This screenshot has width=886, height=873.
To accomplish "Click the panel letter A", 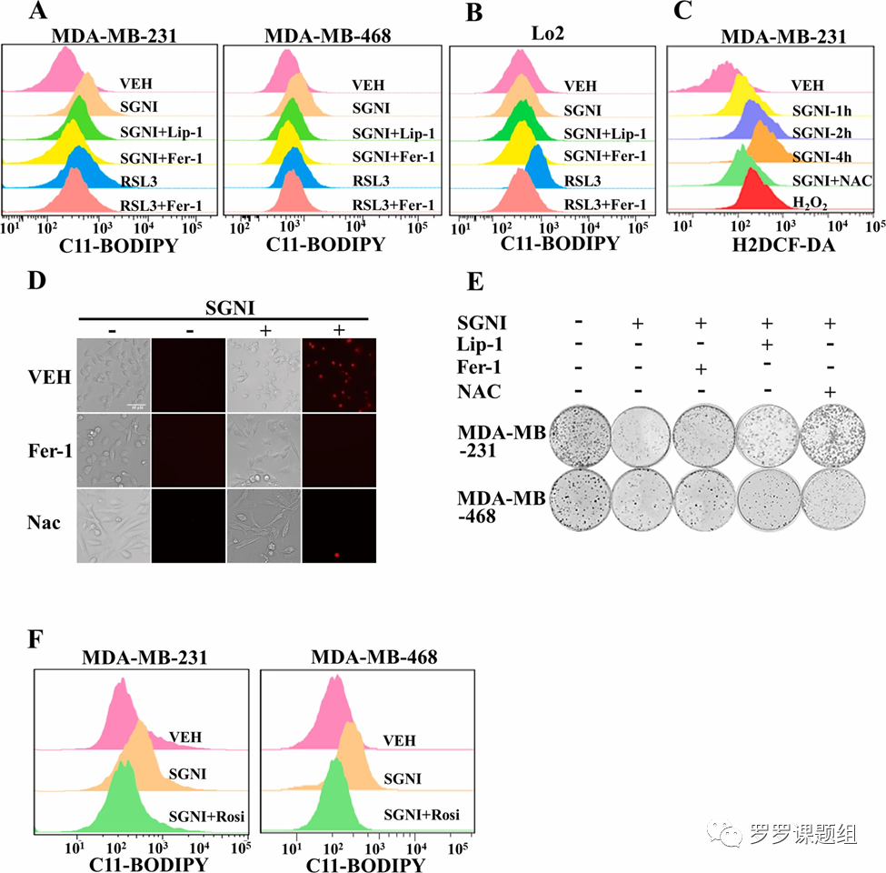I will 39,12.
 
